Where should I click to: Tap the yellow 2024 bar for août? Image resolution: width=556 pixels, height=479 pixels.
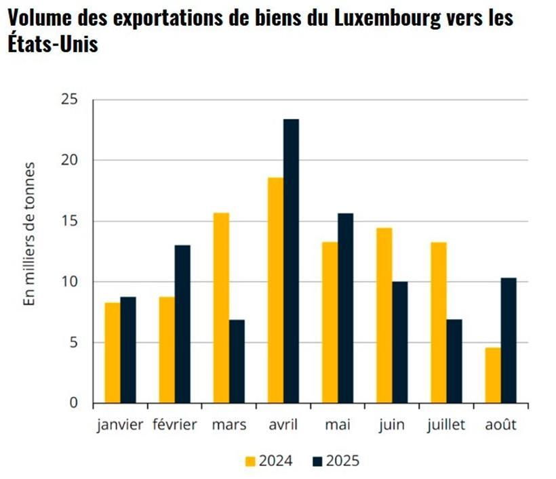[492, 375]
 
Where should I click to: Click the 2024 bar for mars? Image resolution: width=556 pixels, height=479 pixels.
[221, 308]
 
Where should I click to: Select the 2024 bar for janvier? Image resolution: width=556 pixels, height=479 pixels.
[113, 352]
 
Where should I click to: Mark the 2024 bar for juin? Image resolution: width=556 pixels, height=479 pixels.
[384, 315]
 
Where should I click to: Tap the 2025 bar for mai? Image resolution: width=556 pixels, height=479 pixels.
[345, 308]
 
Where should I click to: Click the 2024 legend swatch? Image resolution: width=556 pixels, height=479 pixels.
[250, 461]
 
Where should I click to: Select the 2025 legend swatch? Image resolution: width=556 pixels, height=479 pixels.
[317, 461]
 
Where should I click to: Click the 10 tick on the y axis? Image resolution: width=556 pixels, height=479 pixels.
[71, 282]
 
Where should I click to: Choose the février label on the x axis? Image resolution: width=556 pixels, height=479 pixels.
[175, 425]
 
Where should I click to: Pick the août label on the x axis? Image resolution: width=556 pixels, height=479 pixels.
[500, 425]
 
